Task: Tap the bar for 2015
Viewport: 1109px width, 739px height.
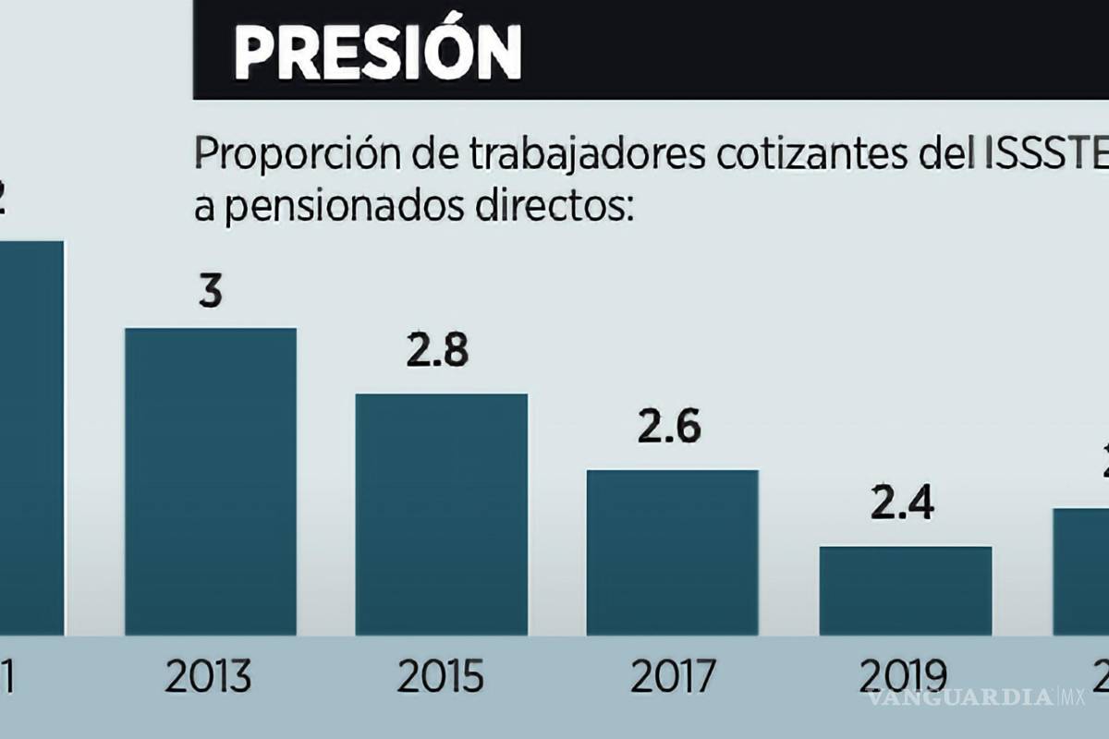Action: point(442,514)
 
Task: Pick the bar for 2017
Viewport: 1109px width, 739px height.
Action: point(673,551)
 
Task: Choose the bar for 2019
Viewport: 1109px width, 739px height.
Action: point(905,590)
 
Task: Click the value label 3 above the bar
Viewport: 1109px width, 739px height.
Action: point(211,293)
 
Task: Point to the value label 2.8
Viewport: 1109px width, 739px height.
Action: point(438,352)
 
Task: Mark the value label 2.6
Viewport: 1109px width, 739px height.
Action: point(669,428)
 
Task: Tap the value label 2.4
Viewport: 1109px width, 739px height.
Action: point(902,504)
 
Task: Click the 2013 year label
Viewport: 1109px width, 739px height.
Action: point(210,677)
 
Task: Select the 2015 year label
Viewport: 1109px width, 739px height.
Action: point(441,677)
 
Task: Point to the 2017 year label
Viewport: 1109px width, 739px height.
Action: point(672,677)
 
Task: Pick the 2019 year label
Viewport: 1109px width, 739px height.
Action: point(903,677)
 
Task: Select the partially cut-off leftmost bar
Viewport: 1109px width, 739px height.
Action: point(31,438)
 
